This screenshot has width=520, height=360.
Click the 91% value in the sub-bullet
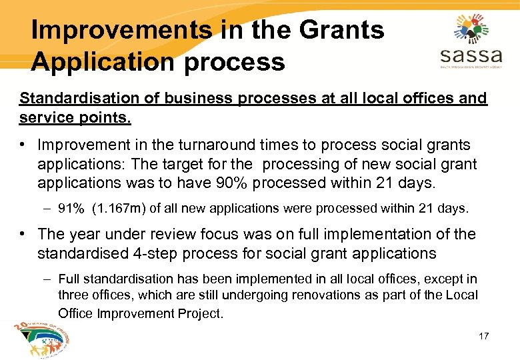point(71,209)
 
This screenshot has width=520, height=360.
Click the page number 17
point(483,336)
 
